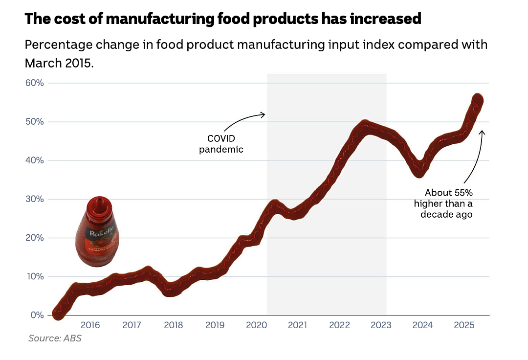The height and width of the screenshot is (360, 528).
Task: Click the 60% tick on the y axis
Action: (x=34, y=83)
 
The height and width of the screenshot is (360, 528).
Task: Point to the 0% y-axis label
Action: (x=37, y=315)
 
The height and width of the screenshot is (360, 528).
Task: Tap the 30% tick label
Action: (x=34, y=199)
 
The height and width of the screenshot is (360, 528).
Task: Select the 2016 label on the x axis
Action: (x=90, y=325)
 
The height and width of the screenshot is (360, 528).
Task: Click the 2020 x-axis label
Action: (x=256, y=325)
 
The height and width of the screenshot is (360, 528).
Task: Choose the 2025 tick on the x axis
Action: (x=464, y=325)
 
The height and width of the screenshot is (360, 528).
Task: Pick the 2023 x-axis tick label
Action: (x=381, y=325)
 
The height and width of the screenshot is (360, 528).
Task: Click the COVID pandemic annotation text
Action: (x=221, y=144)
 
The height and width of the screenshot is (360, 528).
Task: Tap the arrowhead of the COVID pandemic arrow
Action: (x=263, y=115)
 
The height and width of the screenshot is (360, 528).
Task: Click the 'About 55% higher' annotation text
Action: (x=443, y=203)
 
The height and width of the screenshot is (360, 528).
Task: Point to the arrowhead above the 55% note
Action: (x=482, y=133)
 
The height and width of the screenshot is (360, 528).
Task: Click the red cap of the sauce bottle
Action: (x=100, y=206)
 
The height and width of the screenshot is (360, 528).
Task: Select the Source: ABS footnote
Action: (x=55, y=338)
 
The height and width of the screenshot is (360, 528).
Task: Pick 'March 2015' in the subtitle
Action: (x=59, y=63)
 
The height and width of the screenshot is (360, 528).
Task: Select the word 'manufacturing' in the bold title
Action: (x=160, y=19)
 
